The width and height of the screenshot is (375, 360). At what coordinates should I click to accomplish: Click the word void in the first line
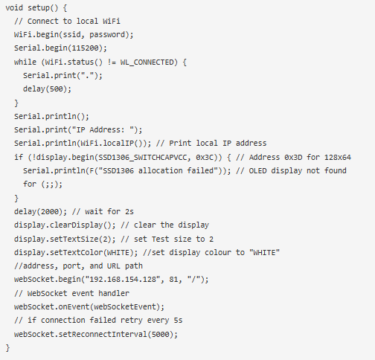click(14, 7)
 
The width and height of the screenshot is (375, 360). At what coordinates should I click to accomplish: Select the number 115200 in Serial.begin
click(85, 48)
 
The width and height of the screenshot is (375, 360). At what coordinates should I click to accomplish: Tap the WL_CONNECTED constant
click(147, 62)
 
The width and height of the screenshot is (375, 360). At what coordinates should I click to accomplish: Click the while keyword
click(25, 62)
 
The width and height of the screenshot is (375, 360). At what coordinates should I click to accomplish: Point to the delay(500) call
click(47, 89)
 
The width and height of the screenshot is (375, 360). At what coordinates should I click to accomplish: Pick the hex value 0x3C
click(205, 157)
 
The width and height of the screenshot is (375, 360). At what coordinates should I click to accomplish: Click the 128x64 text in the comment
click(338, 157)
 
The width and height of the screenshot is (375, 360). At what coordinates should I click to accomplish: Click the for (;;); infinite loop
click(42, 184)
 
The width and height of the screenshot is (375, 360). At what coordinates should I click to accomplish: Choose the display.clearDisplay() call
click(65, 225)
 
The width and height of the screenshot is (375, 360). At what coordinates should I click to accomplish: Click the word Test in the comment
click(161, 239)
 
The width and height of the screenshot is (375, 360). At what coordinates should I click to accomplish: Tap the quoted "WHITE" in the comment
click(264, 252)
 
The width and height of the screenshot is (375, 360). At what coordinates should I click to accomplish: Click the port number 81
click(173, 280)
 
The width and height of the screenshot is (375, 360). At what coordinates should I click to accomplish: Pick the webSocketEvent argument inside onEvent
click(125, 306)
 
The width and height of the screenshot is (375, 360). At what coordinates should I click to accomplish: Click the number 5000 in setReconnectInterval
click(161, 334)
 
